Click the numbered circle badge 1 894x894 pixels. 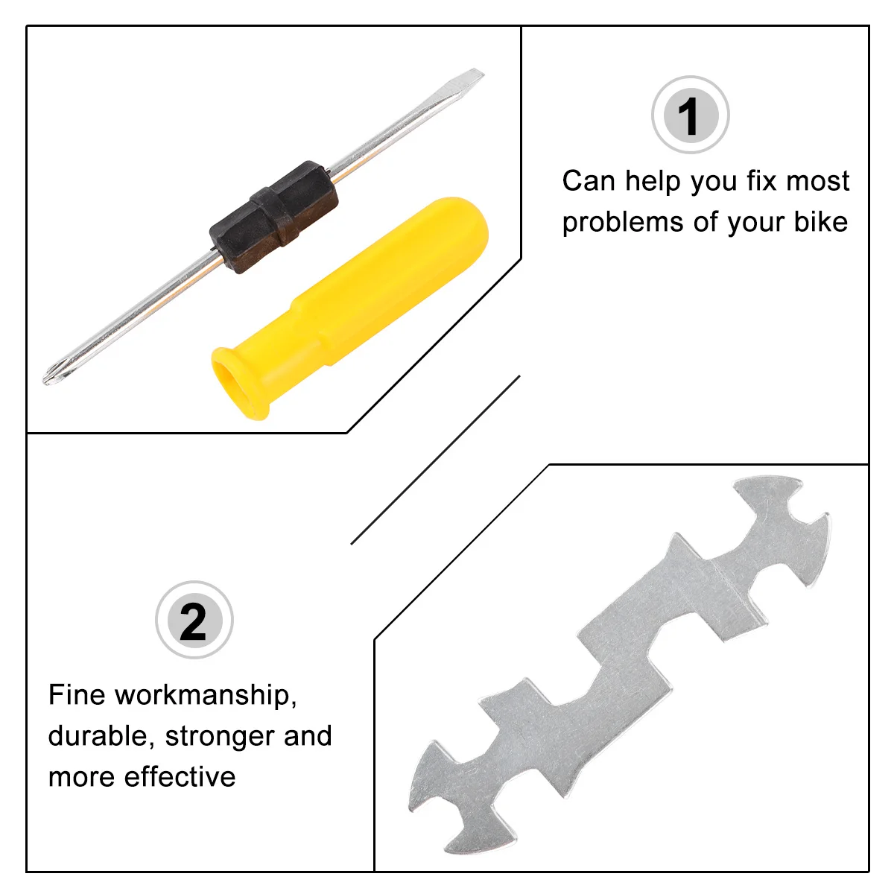coord(690,115)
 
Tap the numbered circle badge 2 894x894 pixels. coord(194,621)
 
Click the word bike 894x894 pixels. coord(820,222)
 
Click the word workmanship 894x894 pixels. coord(206,696)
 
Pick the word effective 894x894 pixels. coord(180,777)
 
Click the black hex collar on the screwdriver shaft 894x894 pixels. coord(273,216)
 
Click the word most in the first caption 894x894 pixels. coord(818,181)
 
